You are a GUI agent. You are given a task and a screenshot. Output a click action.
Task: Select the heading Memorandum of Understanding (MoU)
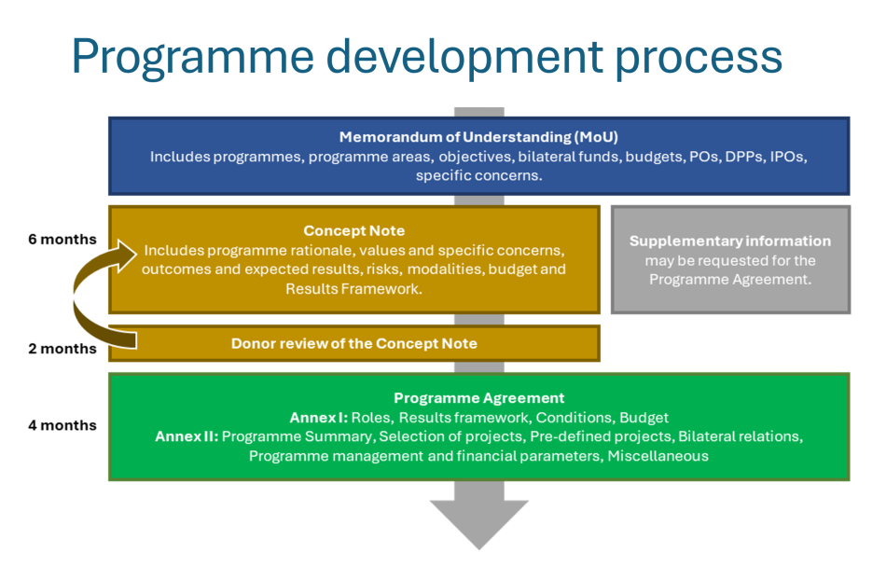point(478,136)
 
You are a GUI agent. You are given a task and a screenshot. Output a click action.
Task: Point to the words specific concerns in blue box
point(478,175)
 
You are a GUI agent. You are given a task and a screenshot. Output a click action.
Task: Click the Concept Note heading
point(354,230)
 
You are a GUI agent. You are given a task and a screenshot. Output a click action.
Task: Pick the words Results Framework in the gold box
point(353,289)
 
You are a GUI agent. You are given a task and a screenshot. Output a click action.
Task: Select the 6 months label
point(62,240)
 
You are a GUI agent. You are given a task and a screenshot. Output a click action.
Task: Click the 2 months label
point(62,349)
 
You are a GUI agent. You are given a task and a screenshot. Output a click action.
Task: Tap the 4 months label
point(62,425)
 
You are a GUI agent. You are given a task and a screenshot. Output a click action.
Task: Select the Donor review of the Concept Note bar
point(354,343)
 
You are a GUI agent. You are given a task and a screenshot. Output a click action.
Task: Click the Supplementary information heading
point(730,241)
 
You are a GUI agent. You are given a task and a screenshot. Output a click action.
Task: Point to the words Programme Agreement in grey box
point(730,279)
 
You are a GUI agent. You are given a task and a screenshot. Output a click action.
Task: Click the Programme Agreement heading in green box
point(478,397)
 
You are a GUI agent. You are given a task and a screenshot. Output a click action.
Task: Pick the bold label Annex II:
point(187,436)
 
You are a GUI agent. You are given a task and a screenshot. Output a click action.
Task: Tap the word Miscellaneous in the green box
point(658,456)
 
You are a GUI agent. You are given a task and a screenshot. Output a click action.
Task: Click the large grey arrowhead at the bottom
point(478,522)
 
